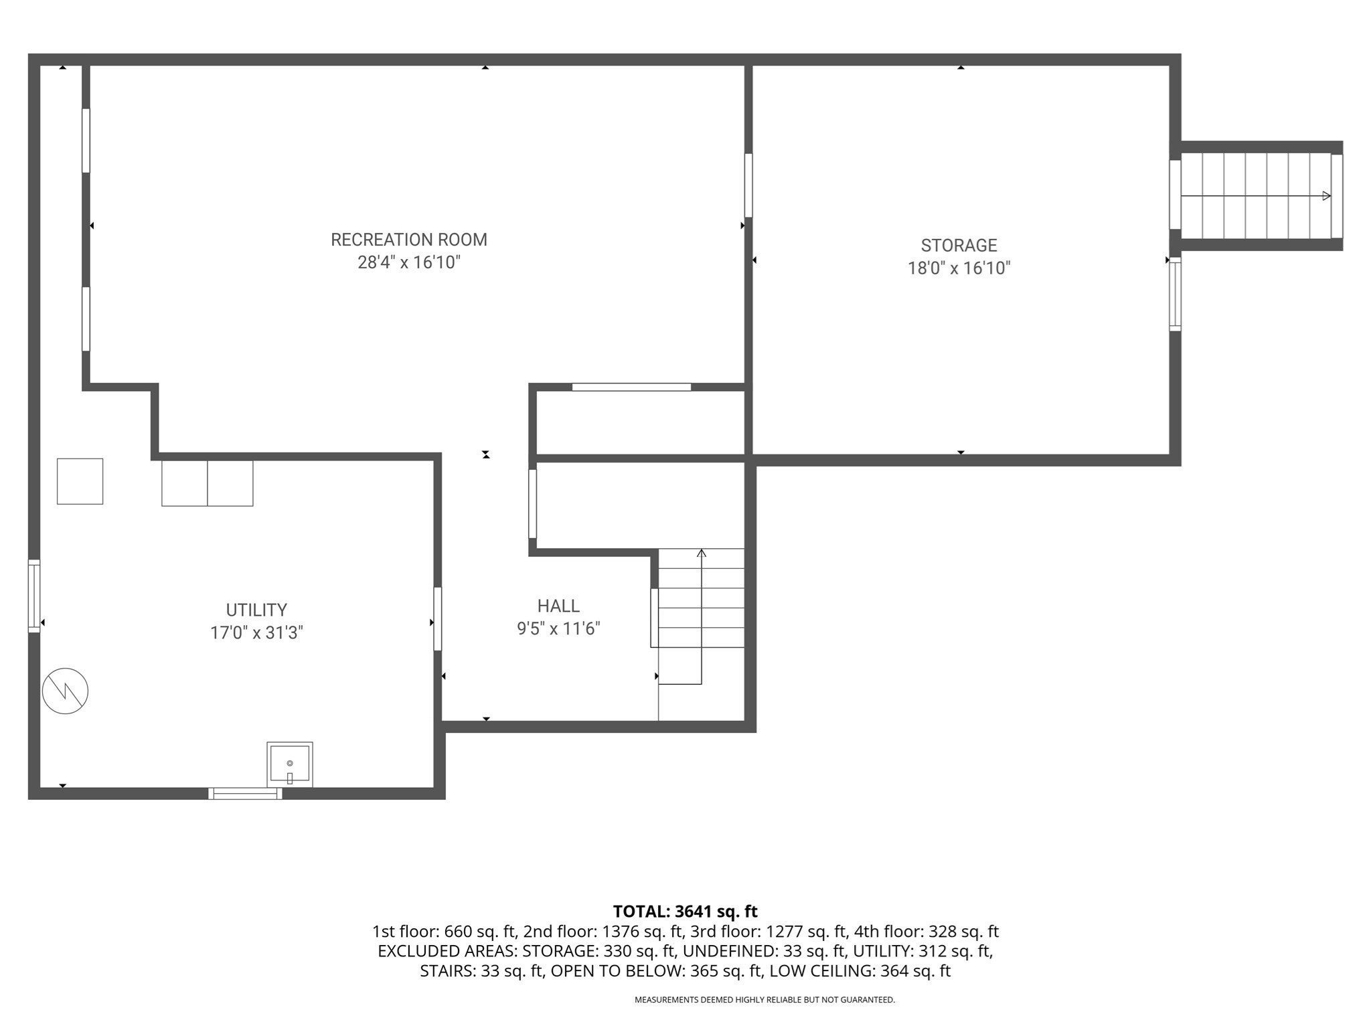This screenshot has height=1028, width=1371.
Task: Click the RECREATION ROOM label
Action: pyautogui.click(x=409, y=240)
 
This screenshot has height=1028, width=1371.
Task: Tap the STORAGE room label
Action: pyautogui.click(x=959, y=246)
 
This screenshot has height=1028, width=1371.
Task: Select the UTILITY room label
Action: pyautogui.click(x=256, y=610)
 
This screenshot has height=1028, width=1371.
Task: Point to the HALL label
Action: pyautogui.click(x=558, y=606)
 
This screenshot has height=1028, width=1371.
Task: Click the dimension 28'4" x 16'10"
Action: pyautogui.click(x=409, y=262)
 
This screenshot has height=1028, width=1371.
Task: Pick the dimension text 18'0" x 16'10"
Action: pyautogui.click(x=959, y=268)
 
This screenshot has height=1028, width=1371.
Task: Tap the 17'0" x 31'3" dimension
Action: pyautogui.click(x=256, y=633)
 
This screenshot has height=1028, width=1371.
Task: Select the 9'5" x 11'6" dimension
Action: pyautogui.click(x=558, y=629)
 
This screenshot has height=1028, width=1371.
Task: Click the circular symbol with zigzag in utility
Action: pyautogui.click(x=65, y=691)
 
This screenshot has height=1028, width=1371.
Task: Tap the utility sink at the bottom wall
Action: pyautogui.click(x=290, y=764)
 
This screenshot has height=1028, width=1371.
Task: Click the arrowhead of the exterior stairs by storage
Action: pyautogui.click(x=1326, y=196)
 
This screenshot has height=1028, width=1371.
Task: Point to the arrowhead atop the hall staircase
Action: pyautogui.click(x=702, y=553)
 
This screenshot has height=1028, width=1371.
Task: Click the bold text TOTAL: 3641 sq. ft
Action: pyautogui.click(x=685, y=912)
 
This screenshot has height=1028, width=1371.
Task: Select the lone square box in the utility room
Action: pyautogui.click(x=80, y=481)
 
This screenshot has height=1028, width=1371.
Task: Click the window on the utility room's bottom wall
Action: pyautogui.click(x=245, y=794)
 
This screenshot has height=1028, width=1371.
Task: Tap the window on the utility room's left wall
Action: pyautogui.click(x=33, y=596)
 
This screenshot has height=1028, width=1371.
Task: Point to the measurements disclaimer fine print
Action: pyautogui.click(x=764, y=1000)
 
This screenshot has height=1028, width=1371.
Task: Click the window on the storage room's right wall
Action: pyautogui.click(x=1175, y=294)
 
